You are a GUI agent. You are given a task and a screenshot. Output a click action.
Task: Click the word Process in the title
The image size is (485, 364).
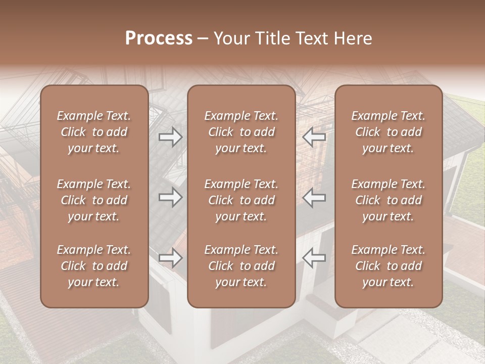tap(159, 38)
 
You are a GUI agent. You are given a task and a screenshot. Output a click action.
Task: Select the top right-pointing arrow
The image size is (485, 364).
tap(170, 137)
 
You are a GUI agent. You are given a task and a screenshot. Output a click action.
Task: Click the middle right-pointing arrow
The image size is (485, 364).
tap(170, 197)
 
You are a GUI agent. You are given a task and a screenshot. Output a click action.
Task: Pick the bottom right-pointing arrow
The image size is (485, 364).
tap(170, 258)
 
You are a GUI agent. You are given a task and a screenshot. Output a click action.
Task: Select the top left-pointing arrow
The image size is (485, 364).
tap(314, 136)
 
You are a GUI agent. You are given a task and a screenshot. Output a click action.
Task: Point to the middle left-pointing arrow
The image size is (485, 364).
tap(314, 197)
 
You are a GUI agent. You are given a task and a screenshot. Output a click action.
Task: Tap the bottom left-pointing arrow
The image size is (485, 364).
tap(314, 258)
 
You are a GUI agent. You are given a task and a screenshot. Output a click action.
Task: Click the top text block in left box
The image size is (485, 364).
tap(94, 132)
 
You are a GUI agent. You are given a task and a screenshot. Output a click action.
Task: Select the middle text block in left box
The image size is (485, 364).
tap(94, 200)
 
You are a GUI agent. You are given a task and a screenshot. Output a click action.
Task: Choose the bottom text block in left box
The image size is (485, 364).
tap(94, 266)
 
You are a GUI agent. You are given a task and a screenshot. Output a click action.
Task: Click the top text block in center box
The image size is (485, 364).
tap(241, 132)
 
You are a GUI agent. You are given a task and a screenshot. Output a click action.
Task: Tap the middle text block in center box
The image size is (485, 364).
tap(241, 200)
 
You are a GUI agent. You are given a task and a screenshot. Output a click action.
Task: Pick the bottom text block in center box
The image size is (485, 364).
tap(241, 266)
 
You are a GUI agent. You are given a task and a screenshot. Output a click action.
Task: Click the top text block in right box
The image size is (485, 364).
tap(388, 132)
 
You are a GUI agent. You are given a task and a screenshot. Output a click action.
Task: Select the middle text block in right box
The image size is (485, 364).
tap(388, 200)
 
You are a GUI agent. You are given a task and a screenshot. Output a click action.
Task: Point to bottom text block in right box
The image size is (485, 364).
tap(388, 266)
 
